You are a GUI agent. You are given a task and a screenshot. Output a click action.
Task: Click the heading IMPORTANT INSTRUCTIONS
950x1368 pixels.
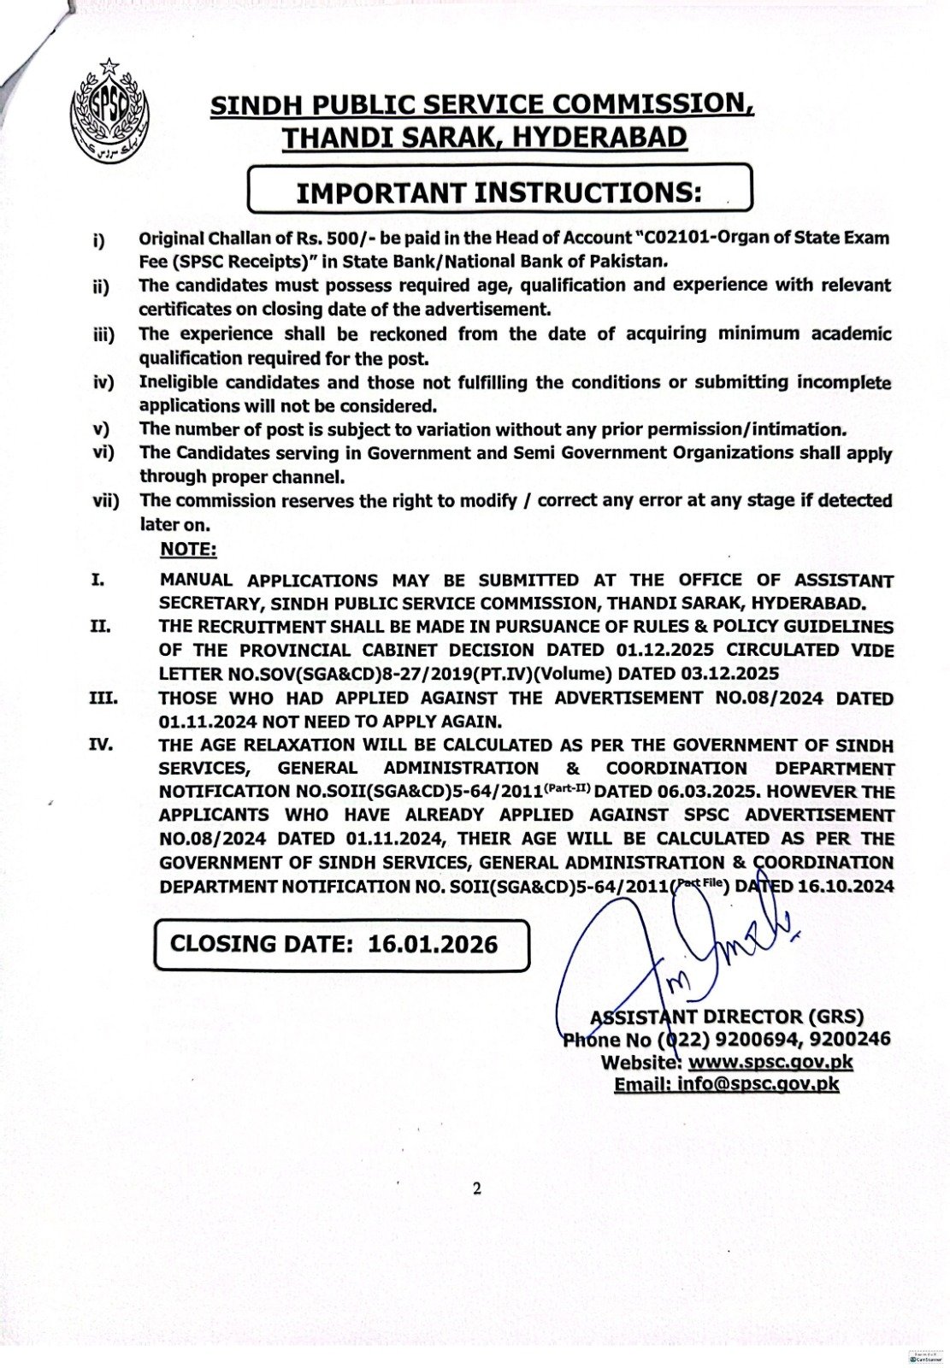(x=499, y=192)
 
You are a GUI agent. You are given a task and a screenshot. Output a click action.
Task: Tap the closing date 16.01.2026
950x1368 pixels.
(x=433, y=944)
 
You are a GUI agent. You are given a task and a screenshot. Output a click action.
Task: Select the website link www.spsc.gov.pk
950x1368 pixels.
(x=770, y=1062)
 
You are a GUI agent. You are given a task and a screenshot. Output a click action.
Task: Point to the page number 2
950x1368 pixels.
(x=476, y=1188)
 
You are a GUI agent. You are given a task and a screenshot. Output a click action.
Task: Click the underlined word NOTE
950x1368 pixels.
(x=188, y=549)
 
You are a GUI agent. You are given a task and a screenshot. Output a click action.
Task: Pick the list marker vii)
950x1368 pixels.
(x=106, y=501)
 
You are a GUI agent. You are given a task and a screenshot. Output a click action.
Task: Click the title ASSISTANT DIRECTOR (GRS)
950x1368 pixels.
(x=727, y=1017)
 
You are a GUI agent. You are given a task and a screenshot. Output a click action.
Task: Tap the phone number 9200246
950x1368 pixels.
(x=852, y=1039)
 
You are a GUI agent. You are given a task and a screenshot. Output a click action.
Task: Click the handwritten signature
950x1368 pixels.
(x=658, y=949)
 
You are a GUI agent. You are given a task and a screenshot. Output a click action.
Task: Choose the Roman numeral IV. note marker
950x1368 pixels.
(x=100, y=745)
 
